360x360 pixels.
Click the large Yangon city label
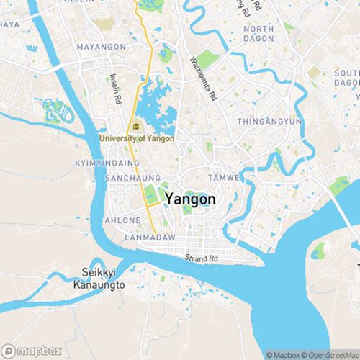click(189, 198)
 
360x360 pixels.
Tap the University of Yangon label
click(137, 138)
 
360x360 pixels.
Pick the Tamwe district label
click(221, 177)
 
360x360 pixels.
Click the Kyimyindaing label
click(101, 164)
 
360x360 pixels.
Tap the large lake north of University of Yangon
click(155, 104)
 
